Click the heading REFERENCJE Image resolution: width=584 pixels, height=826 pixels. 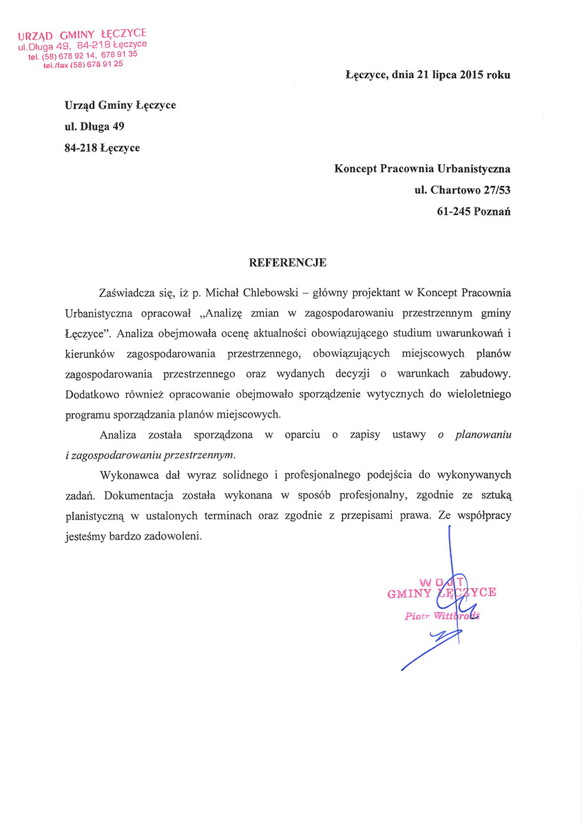pos(287,262)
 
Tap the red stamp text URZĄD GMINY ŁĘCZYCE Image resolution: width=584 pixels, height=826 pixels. pos(82,34)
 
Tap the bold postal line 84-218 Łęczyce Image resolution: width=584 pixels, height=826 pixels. pos(102,147)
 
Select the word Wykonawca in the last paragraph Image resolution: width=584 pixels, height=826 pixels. pos(127,475)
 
